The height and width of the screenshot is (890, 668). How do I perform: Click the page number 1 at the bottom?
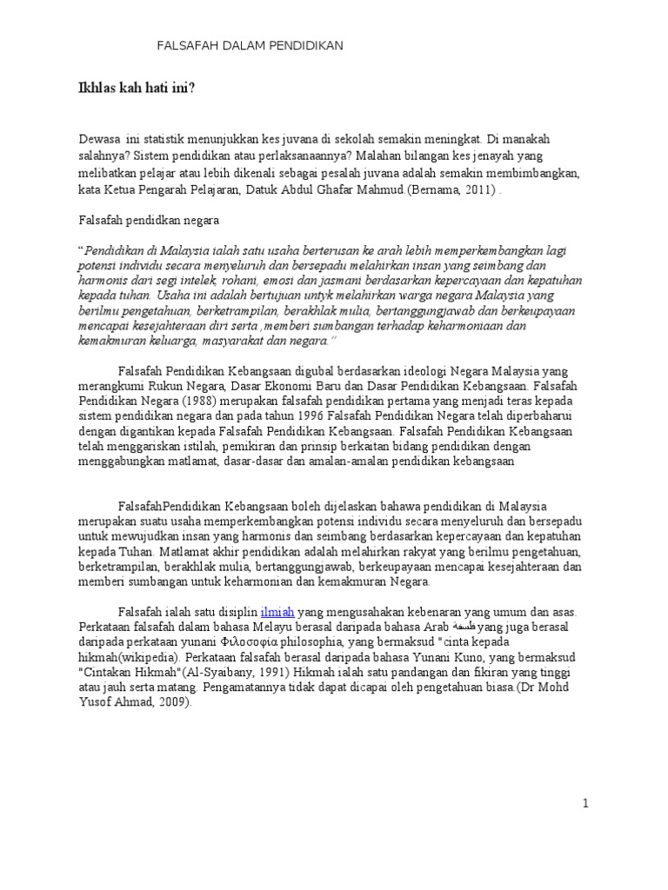point(586,803)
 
